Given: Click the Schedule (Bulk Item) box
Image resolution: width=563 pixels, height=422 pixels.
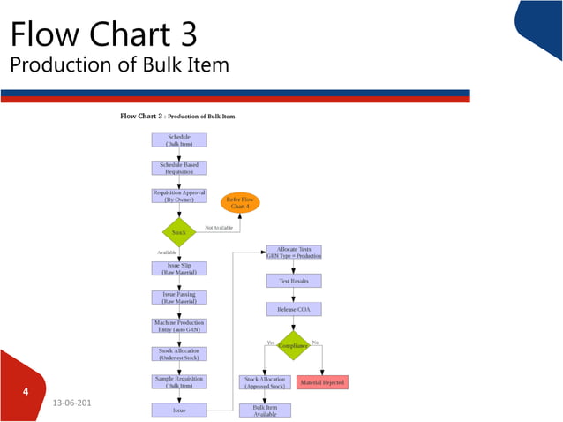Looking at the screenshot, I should point(179,139).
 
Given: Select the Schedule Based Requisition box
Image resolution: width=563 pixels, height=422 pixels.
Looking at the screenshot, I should point(179,168).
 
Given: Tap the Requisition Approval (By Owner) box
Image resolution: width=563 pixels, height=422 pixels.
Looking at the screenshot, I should point(179,196).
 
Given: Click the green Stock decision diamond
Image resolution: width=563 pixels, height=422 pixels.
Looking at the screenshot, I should point(179,232).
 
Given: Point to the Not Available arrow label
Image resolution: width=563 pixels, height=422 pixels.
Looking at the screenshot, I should point(220,228).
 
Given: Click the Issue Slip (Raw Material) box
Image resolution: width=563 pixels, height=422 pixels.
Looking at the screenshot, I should point(179,268).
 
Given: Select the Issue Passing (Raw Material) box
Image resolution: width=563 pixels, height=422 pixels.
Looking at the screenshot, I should point(179,298).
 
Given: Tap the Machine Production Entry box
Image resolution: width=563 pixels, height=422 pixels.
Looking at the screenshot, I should point(179,326).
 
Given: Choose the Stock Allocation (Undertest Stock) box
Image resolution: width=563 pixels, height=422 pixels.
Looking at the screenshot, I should point(179,354).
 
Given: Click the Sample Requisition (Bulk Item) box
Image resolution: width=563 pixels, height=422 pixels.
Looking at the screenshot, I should point(179,381).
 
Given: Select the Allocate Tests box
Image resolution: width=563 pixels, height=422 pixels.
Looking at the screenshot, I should point(294,252).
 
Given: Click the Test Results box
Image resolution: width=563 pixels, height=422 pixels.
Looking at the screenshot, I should point(294,281).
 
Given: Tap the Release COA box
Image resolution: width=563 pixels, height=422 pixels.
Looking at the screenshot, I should point(294,309).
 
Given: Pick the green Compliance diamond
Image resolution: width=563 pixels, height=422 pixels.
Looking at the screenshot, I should point(294,346).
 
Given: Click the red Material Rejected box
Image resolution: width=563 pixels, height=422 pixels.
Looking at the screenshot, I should point(323,382).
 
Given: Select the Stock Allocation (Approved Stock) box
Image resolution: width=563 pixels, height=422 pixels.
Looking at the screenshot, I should point(265,382).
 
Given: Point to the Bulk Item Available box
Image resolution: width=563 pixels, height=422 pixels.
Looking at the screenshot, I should point(265,410).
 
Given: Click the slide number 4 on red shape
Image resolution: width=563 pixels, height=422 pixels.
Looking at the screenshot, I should point(26,389).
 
